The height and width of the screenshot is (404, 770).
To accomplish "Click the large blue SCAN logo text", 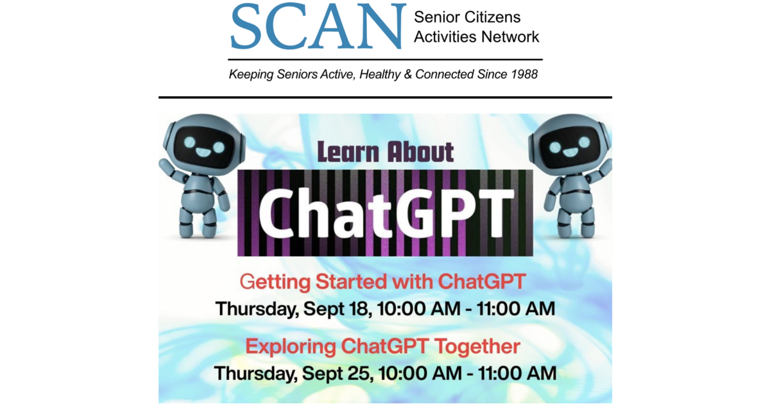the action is coord(318,26).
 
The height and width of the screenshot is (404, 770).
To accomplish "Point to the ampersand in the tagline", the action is coord(407,74).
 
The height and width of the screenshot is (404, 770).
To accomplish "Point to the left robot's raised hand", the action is coord(164,164).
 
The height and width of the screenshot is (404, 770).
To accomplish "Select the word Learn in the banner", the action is coord(348,152).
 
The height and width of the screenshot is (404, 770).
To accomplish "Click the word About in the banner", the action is coord(421,151).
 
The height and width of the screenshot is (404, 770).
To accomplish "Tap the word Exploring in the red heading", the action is coord(291,347).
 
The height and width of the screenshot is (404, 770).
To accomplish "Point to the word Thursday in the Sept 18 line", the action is coord(257,309).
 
